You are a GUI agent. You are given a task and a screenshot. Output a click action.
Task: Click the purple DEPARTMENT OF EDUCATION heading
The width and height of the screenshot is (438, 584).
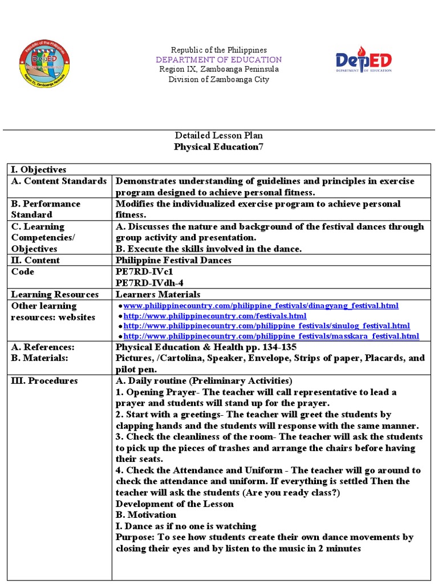220,59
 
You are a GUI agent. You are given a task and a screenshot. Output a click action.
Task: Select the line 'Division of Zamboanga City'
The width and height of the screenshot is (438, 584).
219,79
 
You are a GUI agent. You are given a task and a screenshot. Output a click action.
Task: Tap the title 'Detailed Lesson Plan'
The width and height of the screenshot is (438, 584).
218,135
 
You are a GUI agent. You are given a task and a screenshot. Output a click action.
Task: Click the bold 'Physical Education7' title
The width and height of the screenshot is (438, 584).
218,147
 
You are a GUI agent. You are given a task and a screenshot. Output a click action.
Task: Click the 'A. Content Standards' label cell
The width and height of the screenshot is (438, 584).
59,181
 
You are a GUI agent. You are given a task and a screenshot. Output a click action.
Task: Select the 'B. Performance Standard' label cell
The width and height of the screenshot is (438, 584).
46,209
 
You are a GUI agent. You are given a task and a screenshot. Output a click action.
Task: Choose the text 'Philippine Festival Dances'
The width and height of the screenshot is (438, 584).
173,260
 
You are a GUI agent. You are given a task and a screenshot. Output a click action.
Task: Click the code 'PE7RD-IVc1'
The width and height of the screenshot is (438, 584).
140,271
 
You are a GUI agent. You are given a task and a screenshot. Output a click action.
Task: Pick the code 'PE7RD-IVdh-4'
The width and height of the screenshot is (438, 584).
149,283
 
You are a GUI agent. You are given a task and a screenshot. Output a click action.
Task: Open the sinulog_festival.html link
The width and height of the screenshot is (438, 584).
266,326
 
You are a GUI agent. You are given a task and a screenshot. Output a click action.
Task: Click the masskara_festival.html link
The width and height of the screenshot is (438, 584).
271,336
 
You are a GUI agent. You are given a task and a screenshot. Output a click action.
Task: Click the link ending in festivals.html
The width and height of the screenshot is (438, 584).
215,315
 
